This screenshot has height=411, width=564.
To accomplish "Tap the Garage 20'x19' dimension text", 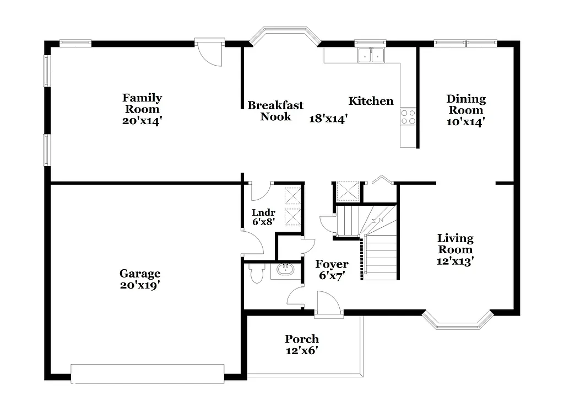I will click(140, 285).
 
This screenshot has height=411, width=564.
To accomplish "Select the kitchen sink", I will click(371, 55).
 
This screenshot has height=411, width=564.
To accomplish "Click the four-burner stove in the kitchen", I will click(408, 116).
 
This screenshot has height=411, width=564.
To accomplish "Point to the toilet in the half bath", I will click(256, 273).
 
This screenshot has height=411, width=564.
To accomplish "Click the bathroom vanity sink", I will click(285, 270).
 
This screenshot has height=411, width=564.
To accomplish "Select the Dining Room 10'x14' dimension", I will click(466, 122).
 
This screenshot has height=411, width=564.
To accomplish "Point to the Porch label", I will click(301, 339).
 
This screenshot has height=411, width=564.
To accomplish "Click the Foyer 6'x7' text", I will click(331, 277).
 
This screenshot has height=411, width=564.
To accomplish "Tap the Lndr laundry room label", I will click(263, 212).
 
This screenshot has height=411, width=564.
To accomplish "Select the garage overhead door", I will click(148, 373).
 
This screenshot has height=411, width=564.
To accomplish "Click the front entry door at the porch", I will click(329, 305).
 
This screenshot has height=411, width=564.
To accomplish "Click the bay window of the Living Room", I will click(457, 321).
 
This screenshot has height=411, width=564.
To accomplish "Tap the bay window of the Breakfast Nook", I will click(285, 34).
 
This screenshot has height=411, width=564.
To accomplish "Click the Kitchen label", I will click(371, 101).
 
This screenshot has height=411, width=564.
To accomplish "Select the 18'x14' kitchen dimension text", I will click(328, 119).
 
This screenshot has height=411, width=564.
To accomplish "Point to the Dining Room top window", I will click(466, 42).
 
